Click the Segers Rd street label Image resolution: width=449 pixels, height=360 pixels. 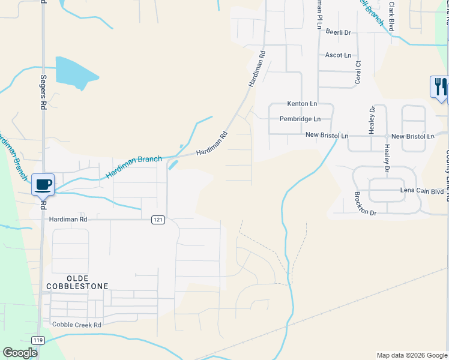(43, 92)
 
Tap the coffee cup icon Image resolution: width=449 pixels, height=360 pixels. (43, 184)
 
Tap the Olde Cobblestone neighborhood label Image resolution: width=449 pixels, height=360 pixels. (77, 282)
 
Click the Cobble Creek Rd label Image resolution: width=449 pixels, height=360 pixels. (77, 325)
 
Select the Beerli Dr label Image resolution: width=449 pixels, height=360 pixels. (338, 32)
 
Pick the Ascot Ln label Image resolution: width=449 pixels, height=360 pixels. (338, 55)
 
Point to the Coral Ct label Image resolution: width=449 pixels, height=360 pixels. (358, 71)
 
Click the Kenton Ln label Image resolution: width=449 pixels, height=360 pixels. (302, 104)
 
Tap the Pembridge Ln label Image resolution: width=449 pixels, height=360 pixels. (300, 119)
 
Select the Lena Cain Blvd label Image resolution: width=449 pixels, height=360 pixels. (422, 191)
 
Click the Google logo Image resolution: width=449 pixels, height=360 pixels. (20, 353)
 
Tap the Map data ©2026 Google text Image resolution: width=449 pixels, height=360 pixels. (411, 355)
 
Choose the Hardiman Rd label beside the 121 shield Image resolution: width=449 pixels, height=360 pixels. (68, 220)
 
